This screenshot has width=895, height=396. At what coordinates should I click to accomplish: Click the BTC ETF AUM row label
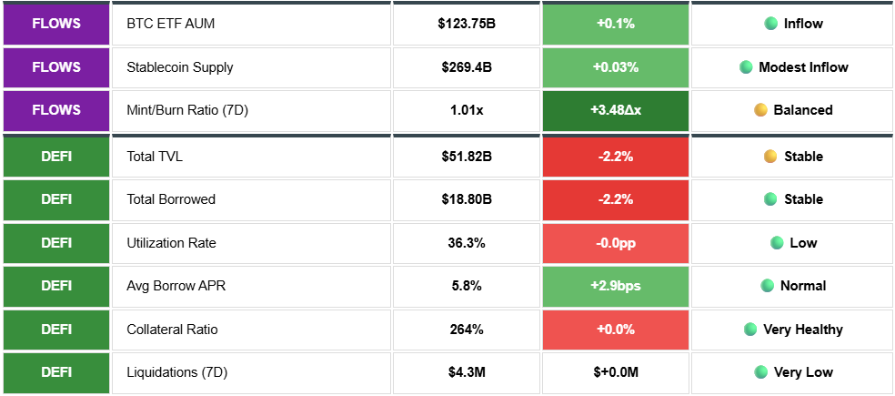click(x=170, y=24)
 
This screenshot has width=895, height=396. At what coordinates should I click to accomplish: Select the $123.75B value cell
click(x=466, y=24)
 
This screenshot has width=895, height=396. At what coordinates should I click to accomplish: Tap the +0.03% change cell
click(x=615, y=67)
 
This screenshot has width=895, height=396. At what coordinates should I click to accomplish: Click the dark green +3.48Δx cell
click(x=615, y=110)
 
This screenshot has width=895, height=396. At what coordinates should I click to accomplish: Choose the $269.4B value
click(x=466, y=67)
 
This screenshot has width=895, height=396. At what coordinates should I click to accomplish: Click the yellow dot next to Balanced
click(x=761, y=110)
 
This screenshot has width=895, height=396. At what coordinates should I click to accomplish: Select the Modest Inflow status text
click(x=803, y=67)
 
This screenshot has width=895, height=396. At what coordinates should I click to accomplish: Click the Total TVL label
click(x=155, y=157)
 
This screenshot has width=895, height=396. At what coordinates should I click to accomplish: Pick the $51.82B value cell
click(x=466, y=157)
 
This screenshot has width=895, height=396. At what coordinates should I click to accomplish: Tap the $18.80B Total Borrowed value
click(x=466, y=199)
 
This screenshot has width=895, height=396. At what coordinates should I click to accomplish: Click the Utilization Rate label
click(x=171, y=243)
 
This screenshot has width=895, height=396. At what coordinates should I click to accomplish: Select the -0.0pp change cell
click(x=615, y=243)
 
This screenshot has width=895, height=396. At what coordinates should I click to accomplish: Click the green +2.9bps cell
click(x=615, y=286)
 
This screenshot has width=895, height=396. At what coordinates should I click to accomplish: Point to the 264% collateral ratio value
click(x=466, y=330)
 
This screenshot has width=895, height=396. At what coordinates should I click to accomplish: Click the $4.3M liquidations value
click(x=466, y=372)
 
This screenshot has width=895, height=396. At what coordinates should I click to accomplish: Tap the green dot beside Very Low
click(x=761, y=372)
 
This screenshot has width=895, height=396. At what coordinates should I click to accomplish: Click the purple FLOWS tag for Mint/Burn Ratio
click(x=55, y=110)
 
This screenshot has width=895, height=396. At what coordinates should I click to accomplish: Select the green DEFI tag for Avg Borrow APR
click(x=55, y=286)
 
